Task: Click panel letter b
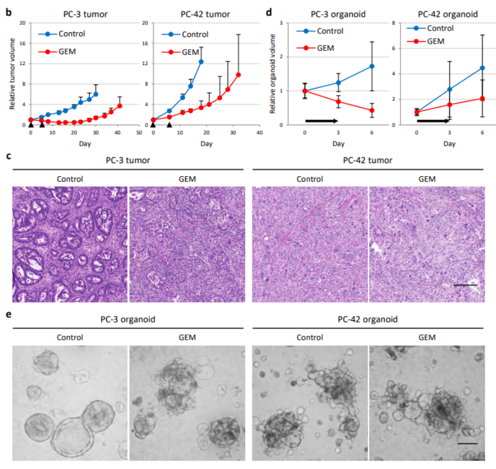coord(8,12)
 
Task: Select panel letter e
coord(8,314)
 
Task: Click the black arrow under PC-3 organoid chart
coord(325,121)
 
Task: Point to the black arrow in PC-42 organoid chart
coord(433,121)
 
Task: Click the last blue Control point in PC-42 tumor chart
coord(201,62)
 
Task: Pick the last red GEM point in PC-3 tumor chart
coord(119,106)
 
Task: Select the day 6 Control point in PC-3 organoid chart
coord(372,66)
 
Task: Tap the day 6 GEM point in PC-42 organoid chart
coord(482,99)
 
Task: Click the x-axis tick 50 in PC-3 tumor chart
coord(138,132)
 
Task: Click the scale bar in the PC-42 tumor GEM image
coord(466,285)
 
